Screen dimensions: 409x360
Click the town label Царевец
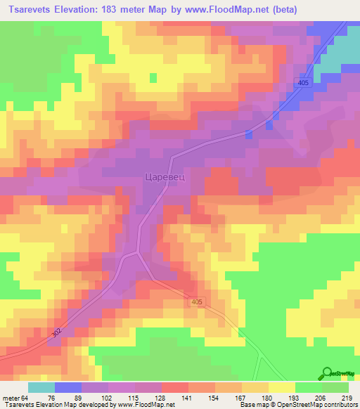coord(165,178)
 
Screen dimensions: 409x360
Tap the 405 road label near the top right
coord(303,84)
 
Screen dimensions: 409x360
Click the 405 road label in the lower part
coord(196,301)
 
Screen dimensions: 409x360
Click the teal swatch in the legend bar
coord(41,387)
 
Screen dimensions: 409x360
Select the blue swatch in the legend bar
coord(67,387)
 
